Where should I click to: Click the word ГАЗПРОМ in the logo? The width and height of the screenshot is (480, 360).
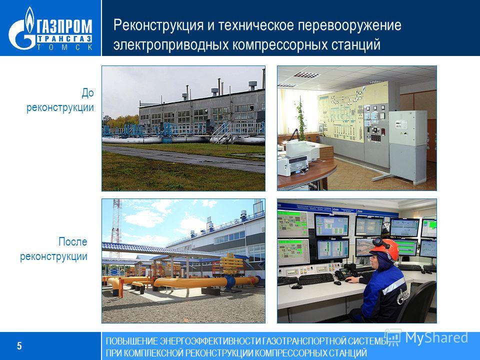point(65,26)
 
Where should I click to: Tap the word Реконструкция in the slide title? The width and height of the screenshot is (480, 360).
point(158,25)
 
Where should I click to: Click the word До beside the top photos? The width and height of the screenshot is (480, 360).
point(87,93)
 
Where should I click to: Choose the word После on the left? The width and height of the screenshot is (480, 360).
point(73,241)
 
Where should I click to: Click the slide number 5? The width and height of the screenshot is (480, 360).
point(19,345)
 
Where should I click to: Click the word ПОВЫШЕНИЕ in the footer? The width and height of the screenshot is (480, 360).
point(132,341)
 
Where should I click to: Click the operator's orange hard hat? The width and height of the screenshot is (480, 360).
point(385,248)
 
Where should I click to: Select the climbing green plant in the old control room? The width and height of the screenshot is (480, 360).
point(301,120)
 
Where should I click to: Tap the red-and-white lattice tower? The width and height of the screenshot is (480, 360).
point(115,232)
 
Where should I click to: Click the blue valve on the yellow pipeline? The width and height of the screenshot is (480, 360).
point(229,281)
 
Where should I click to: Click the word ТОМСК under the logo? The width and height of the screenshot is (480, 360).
point(65,47)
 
